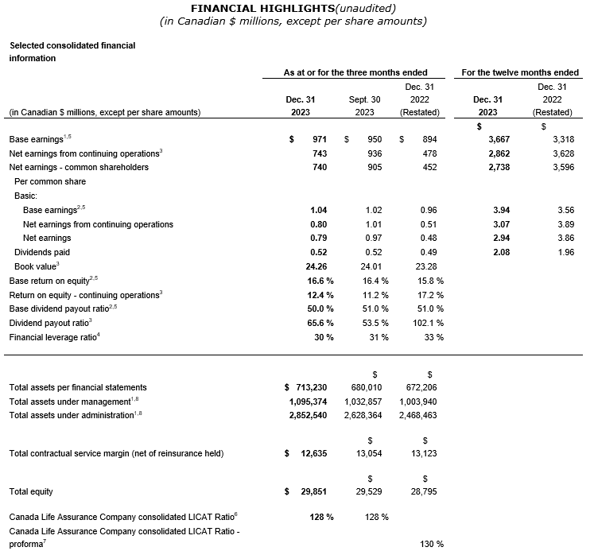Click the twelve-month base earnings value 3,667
point(495,139)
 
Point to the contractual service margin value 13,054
point(368,454)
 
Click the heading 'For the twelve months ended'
point(520,72)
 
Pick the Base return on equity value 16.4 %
point(375,281)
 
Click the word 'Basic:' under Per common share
point(29,196)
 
